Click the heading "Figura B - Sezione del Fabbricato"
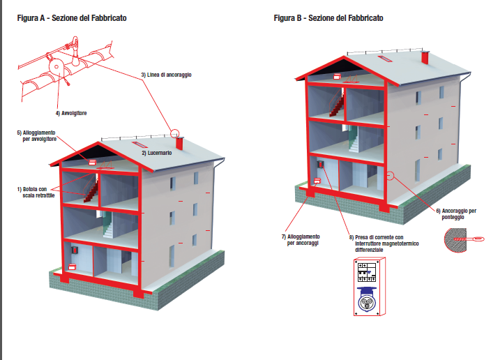328,17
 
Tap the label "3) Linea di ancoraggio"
166,75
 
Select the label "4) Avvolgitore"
71,112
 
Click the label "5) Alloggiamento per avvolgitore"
36,135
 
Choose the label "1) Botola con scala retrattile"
33,192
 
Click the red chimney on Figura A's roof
179,144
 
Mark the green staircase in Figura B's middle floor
353,141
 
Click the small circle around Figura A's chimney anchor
174,133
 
